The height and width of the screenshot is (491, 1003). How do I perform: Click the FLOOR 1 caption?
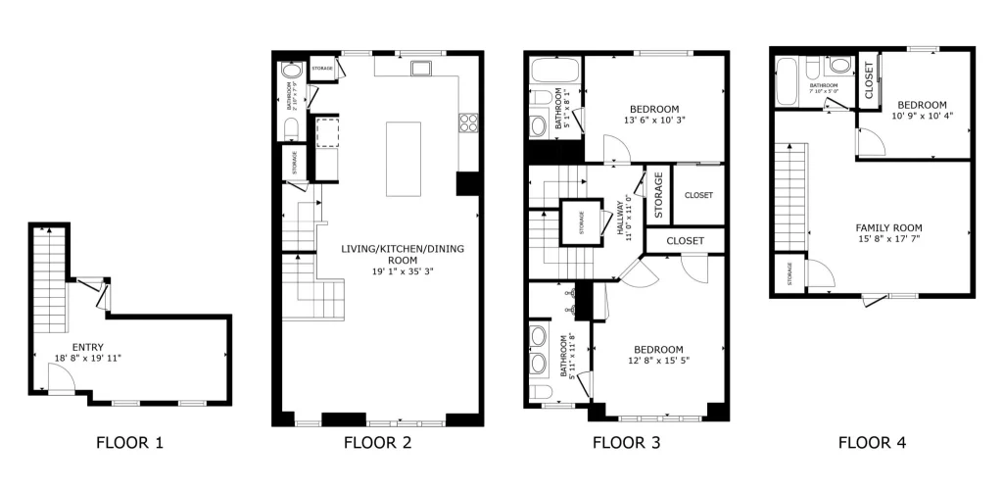click(129, 443)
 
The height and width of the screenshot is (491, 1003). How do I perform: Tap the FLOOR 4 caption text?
click(872, 443)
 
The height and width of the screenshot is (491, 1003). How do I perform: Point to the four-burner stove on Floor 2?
click(467, 123)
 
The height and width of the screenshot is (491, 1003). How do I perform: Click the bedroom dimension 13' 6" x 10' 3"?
click(653, 122)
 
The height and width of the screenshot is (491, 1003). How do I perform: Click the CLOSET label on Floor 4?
click(869, 79)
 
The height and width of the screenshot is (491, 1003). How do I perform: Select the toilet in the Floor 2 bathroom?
click(290, 129)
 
